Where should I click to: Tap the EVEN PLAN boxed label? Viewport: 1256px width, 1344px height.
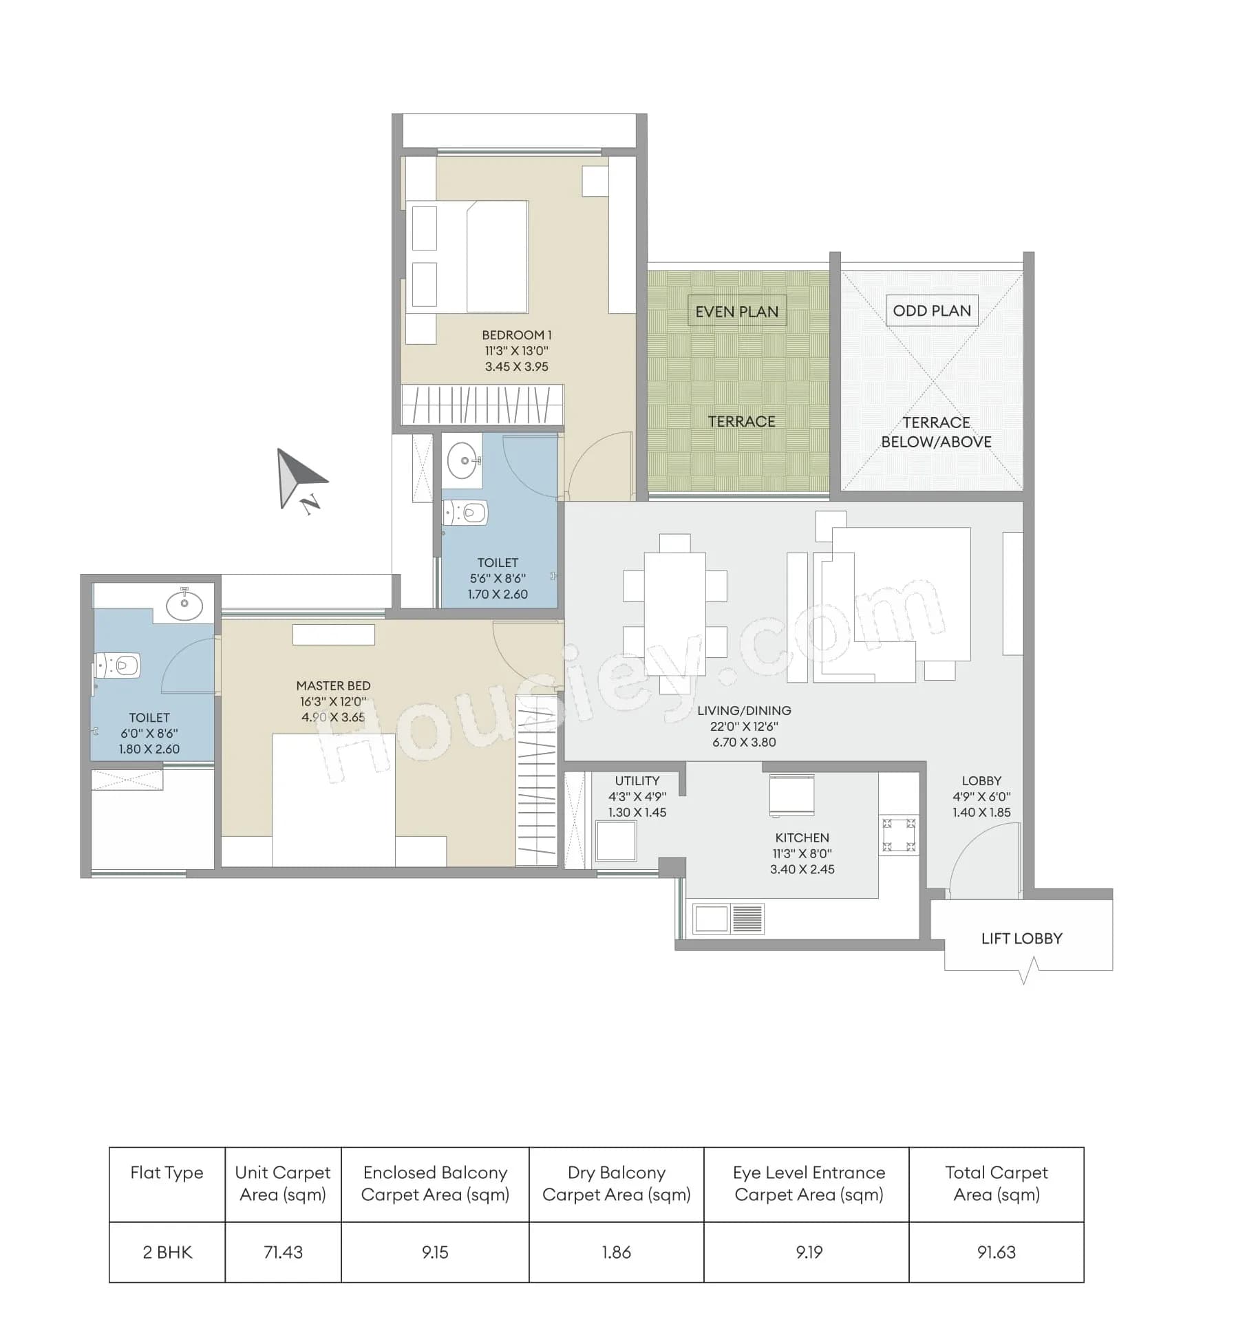pyautogui.click(x=736, y=312)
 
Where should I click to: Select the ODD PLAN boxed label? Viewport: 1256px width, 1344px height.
pyautogui.click(x=931, y=310)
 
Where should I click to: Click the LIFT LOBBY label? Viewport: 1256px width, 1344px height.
pyautogui.click(x=1021, y=938)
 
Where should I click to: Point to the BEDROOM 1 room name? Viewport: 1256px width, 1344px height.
pyautogui.click(x=516, y=335)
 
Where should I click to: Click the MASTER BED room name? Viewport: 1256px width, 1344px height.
pyautogui.click(x=333, y=685)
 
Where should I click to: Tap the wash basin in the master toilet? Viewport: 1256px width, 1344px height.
pyautogui.click(x=184, y=605)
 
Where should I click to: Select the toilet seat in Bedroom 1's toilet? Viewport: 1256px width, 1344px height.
pyautogui.click(x=467, y=512)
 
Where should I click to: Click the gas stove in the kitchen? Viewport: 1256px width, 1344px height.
pyautogui.click(x=899, y=835)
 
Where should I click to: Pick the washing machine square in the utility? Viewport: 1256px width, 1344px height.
pyautogui.click(x=616, y=840)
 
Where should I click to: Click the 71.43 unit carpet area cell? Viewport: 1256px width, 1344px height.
pyautogui.click(x=283, y=1252)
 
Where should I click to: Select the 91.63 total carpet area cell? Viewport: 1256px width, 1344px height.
pyautogui.click(x=996, y=1252)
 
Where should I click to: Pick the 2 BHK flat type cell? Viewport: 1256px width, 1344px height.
pyautogui.click(x=167, y=1252)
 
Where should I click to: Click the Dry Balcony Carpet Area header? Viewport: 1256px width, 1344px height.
pyautogui.click(x=616, y=1183)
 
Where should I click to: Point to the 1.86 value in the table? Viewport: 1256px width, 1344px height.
pyautogui.click(x=616, y=1252)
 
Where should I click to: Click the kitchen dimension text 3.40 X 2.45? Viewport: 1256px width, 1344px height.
pyautogui.click(x=802, y=869)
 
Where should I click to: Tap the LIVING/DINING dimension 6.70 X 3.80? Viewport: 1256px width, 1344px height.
pyautogui.click(x=744, y=742)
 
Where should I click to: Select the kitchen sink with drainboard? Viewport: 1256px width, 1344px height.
pyautogui.click(x=728, y=919)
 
